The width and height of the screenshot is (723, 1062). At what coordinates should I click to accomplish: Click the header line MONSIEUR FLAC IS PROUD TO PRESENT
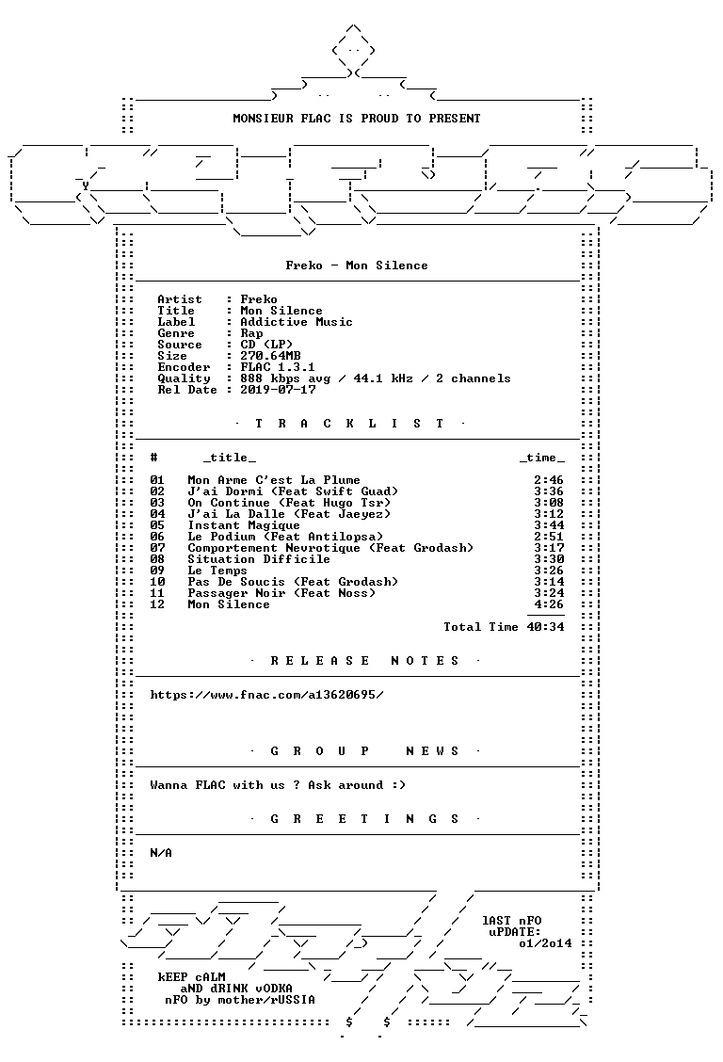(357, 119)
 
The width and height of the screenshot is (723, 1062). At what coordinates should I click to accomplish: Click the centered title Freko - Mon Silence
(357, 265)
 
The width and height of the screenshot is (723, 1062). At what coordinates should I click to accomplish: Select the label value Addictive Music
(297, 322)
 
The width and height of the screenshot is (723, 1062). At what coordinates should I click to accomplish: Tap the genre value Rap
(252, 333)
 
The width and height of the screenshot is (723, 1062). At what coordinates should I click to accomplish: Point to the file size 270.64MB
(271, 356)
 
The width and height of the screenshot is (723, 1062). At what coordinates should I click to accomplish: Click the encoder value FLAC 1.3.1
(278, 367)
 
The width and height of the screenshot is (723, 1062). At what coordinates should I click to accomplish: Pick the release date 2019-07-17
(278, 390)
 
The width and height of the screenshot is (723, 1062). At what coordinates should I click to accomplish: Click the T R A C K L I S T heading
(349, 424)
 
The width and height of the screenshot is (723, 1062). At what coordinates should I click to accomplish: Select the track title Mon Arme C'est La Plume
(274, 480)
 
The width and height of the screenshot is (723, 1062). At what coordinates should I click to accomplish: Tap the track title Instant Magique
(244, 525)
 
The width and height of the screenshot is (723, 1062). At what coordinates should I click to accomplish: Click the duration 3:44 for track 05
(549, 525)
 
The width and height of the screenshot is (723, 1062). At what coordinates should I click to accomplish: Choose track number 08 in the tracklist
(157, 559)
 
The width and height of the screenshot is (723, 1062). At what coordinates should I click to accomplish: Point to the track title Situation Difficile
(259, 559)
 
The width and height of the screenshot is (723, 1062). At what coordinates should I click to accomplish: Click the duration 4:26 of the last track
(549, 604)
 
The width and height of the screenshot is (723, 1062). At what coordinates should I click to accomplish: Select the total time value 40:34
(546, 627)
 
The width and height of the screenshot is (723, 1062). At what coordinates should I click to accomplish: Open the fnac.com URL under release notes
(266, 695)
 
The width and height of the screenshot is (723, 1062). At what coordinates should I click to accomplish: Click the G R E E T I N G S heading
(365, 819)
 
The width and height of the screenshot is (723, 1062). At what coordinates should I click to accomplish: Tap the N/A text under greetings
(161, 853)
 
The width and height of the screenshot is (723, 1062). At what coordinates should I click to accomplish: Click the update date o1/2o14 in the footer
(546, 943)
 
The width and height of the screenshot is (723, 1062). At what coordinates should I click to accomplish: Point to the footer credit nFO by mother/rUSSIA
(240, 1000)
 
